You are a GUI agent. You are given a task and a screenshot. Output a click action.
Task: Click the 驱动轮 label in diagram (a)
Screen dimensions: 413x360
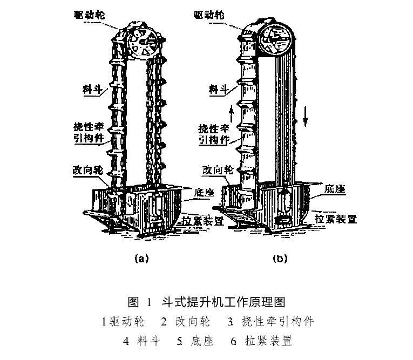point(89,15)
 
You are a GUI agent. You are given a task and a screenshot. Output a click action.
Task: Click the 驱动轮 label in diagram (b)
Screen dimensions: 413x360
point(209,15)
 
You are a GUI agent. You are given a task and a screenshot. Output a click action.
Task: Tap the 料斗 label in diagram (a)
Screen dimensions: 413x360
point(92,89)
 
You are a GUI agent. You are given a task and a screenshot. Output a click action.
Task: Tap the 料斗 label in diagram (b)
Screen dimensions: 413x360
point(218,89)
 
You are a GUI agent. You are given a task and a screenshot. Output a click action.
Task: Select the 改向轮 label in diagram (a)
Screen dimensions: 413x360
point(87,171)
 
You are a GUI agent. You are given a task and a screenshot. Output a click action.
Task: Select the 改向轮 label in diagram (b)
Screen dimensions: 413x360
point(218,171)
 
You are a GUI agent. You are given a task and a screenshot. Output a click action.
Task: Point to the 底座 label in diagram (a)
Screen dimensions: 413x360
point(204,193)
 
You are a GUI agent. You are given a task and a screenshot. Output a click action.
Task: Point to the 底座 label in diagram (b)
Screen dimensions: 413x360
point(335,189)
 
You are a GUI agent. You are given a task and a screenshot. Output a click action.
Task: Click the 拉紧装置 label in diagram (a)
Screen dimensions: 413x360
point(203,221)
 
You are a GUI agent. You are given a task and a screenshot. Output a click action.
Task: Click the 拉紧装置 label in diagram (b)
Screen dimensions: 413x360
point(336,219)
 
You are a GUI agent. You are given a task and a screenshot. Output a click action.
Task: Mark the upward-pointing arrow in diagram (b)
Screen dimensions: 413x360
point(231,113)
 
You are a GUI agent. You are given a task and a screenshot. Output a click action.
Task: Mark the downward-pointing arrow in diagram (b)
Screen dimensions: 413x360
point(305,116)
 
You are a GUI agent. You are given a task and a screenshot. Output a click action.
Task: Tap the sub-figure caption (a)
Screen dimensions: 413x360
point(141,259)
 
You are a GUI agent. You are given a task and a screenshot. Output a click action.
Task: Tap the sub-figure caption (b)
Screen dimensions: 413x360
point(280,259)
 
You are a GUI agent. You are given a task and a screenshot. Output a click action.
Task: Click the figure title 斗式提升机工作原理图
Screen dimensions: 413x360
point(224,302)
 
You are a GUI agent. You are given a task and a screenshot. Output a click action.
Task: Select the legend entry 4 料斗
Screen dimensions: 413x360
point(141,341)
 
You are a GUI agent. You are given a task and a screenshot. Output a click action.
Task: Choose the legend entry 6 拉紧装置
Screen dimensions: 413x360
point(261,341)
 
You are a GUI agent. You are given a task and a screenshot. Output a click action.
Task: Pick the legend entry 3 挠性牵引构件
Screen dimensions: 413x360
point(270,322)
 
